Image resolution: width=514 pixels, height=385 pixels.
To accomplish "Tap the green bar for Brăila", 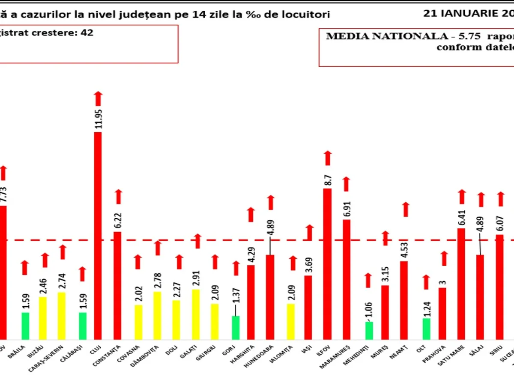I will [25, 326].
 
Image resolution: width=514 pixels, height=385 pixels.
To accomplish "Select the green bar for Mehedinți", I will [369, 330].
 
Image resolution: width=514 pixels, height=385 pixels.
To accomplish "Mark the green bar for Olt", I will [426, 329].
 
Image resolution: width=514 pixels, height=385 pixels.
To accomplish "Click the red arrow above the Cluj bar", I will [98, 98].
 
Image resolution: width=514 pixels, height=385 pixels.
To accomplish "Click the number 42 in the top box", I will [87, 33].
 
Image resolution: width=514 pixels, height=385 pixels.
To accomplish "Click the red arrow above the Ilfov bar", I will [328, 158].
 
